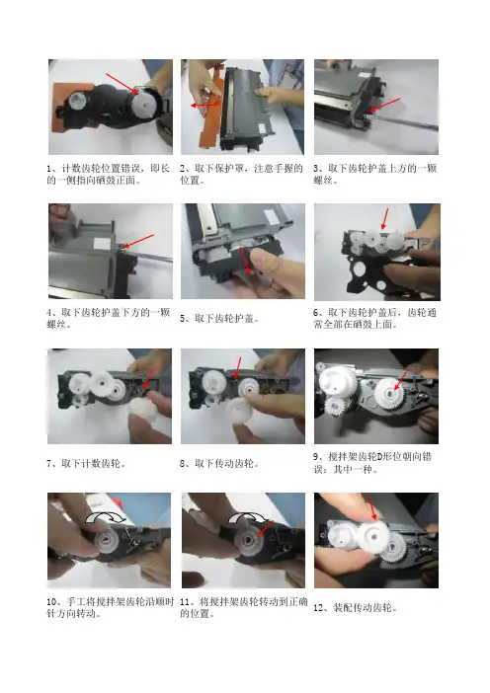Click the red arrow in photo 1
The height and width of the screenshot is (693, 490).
(x=122, y=83)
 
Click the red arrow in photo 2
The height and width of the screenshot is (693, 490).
(x=205, y=106)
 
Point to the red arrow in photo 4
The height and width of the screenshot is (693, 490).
(x=139, y=241)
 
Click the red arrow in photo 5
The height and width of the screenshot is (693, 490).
(x=244, y=260)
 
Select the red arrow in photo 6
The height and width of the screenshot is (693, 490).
(x=384, y=219)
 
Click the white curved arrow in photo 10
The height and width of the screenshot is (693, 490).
(x=106, y=517)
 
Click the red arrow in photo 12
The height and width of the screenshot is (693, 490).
(x=371, y=507)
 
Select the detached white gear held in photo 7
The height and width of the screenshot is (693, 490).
(x=143, y=413)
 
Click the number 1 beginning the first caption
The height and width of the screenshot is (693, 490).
(x=49, y=169)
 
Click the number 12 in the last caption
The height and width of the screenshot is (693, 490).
(x=318, y=608)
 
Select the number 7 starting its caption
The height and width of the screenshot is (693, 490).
(x=49, y=464)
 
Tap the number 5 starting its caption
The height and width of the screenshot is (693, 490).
(x=183, y=319)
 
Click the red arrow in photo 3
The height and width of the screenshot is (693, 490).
(x=385, y=105)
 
